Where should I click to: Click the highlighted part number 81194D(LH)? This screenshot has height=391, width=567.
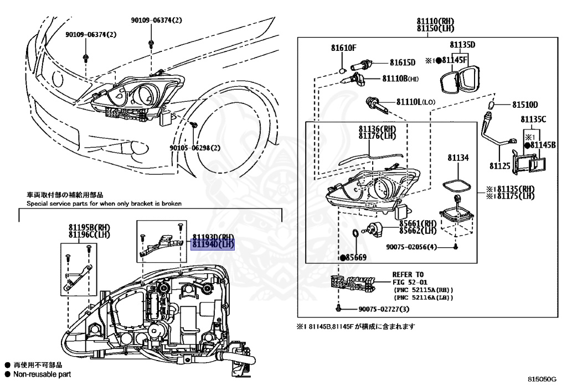point(213,244)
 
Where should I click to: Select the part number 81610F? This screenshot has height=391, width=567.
point(343,48)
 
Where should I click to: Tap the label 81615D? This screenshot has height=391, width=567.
point(402,62)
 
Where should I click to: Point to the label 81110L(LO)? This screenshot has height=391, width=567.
point(416,102)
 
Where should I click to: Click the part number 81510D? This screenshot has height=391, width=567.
point(524,105)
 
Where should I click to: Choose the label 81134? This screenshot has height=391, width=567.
point(458,158)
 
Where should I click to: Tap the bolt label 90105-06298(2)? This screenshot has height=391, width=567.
point(195,148)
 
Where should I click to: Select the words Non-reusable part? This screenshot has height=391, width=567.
point(42,374)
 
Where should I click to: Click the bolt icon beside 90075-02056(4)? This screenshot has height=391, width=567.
point(455,247)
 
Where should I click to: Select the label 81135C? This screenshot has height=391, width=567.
point(533,119)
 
